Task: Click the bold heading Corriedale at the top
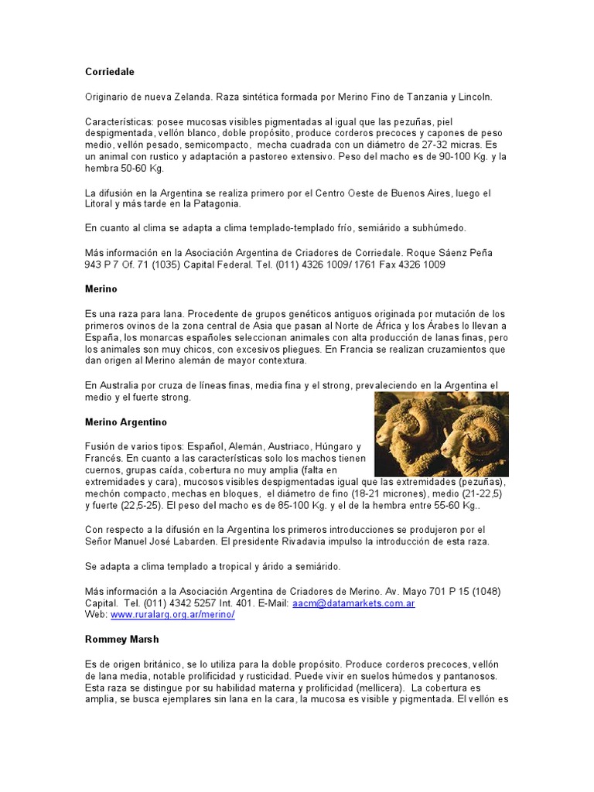click(109, 72)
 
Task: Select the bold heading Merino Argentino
click(125, 422)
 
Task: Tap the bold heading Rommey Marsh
click(121, 640)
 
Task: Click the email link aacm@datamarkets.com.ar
click(353, 603)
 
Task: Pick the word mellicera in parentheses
click(379, 688)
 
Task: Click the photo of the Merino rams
click(441, 433)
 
